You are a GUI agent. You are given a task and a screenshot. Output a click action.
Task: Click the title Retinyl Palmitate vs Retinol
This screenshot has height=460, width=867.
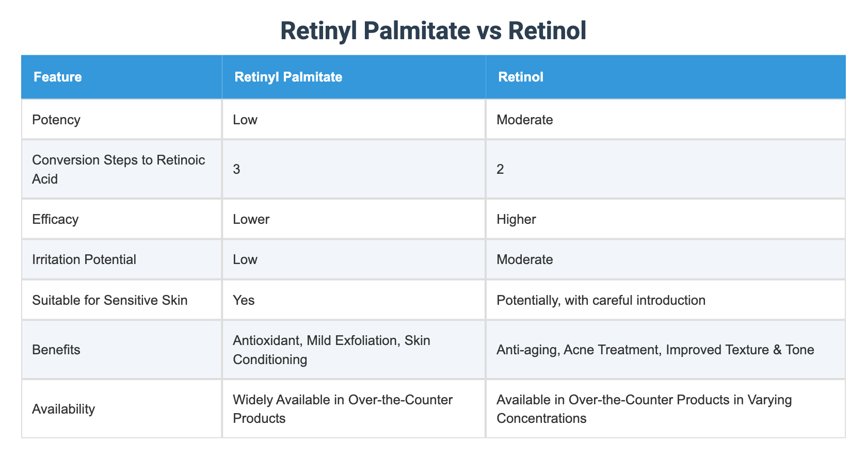pyautogui.click(x=434, y=31)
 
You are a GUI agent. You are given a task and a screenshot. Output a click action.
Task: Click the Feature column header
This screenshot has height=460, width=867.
pyautogui.click(x=57, y=77)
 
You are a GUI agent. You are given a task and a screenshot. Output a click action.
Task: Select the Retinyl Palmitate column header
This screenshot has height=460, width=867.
pyautogui.click(x=288, y=77)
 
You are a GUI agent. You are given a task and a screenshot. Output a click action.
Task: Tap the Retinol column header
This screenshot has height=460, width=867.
pyautogui.click(x=520, y=77)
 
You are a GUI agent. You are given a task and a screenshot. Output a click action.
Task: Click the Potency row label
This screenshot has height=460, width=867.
pyautogui.click(x=56, y=120)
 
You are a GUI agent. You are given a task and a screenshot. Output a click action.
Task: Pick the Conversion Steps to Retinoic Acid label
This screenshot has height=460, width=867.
pyautogui.click(x=118, y=169)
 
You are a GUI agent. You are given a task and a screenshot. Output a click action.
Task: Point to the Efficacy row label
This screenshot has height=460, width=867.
pyautogui.click(x=55, y=220)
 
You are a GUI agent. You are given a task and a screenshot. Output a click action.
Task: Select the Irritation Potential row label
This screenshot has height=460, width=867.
pyautogui.click(x=84, y=259)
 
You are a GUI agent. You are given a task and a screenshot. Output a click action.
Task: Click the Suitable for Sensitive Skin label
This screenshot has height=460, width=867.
pyautogui.click(x=109, y=300)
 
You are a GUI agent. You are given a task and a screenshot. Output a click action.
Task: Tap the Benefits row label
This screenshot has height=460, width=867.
pyautogui.click(x=56, y=350)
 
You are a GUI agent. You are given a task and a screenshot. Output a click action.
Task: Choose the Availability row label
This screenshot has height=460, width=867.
pyautogui.click(x=63, y=409)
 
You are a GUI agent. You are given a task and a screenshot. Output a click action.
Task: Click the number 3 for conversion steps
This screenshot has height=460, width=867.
pyautogui.click(x=237, y=170)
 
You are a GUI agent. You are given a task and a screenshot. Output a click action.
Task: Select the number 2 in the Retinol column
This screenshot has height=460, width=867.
pyautogui.click(x=500, y=170)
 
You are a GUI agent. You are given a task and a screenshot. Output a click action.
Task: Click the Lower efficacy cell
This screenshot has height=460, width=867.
pyautogui.click(x=251, y=220)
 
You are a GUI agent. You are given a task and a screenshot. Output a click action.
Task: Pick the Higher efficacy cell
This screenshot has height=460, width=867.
pyautogui.click(x=516, y=220)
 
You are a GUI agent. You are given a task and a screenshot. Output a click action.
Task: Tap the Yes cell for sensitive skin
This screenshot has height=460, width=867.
pyautogui.click(x=244, y=300)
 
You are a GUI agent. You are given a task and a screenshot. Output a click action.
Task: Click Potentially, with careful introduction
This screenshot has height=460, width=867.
pyautogui.click(x=601, y=300)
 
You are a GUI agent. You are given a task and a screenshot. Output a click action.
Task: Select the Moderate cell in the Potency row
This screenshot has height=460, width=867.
pyautogui.click(x=524, y=120)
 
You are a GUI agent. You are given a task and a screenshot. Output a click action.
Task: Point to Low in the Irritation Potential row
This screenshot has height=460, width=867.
pyautogui.click(x=245, y=259)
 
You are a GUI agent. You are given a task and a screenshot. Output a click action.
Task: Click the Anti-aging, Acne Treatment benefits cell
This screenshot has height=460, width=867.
pyautogui.click(x=655, y=350)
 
